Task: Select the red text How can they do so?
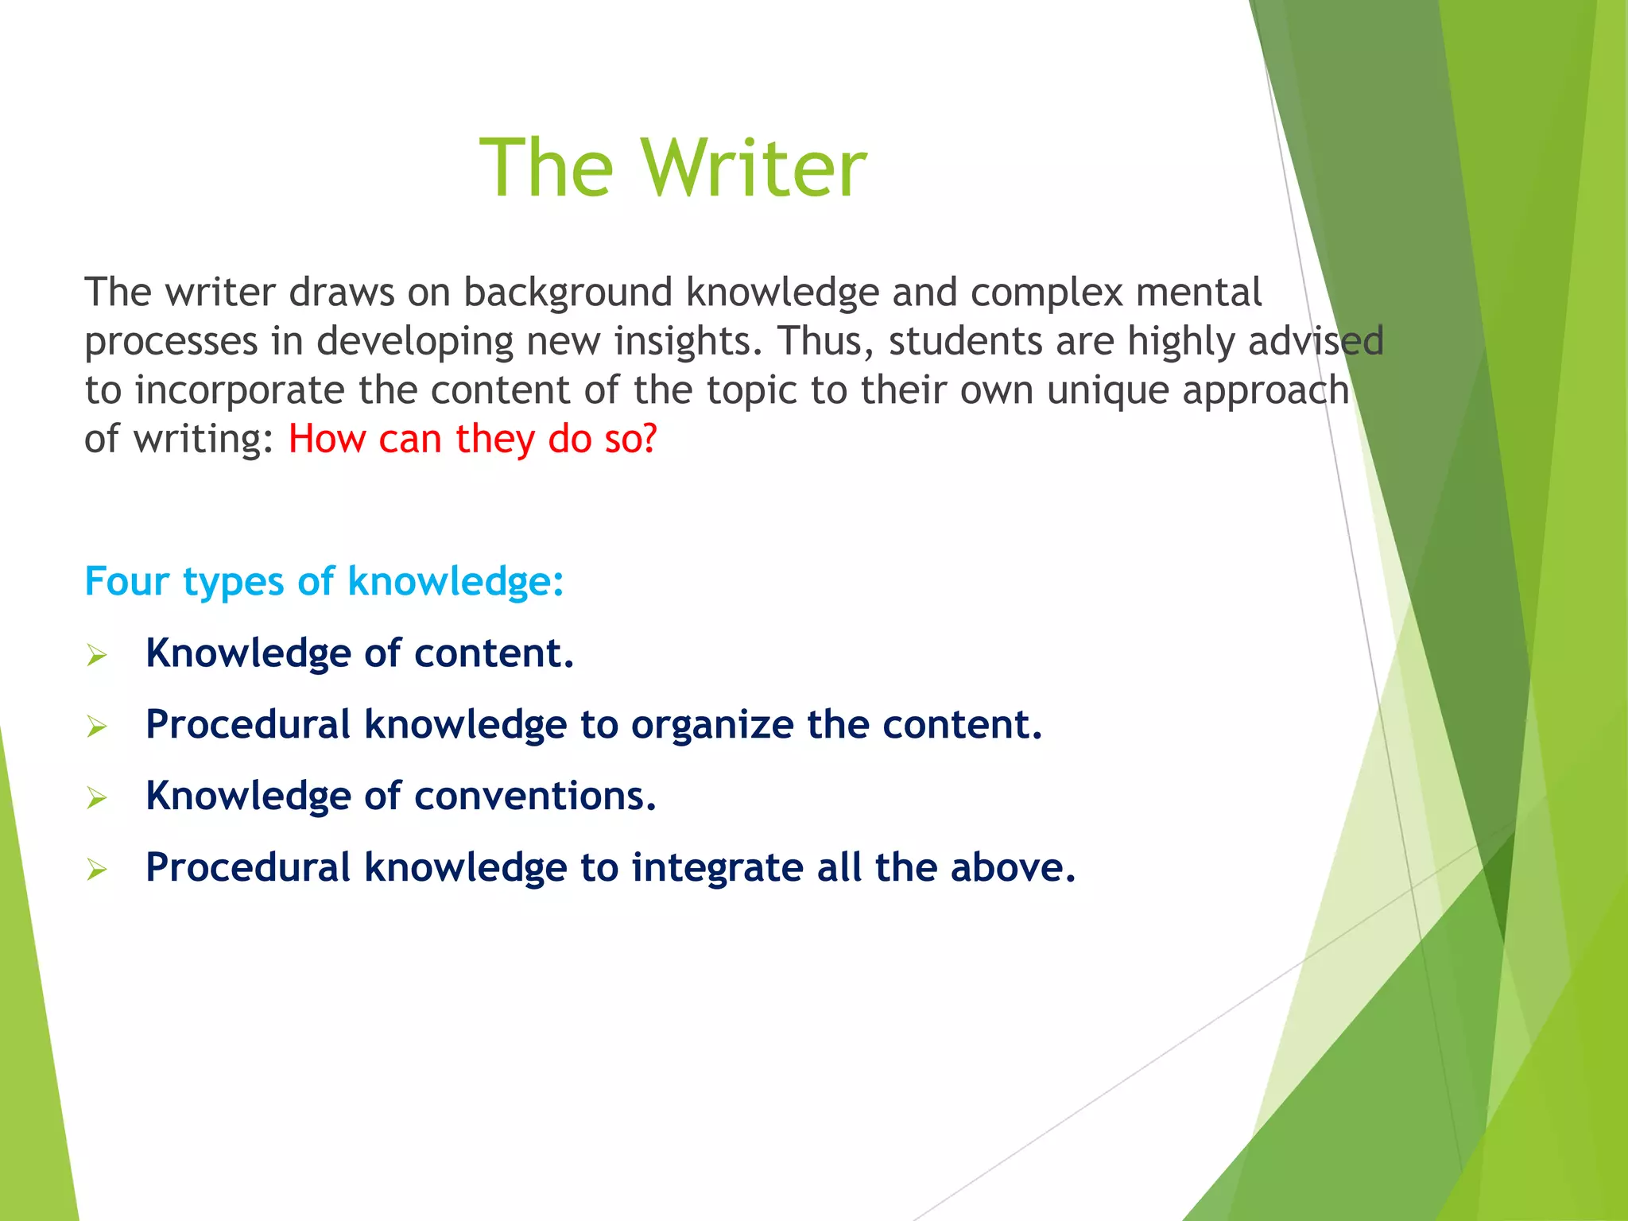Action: click(472, 439)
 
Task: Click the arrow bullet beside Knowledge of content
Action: click(97, 656)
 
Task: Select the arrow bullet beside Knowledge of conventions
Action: click(97, 798)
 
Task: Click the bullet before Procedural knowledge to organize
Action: click(97, 727)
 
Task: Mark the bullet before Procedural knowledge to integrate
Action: click(97, 870)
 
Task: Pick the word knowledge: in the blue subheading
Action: click(455, 581)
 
